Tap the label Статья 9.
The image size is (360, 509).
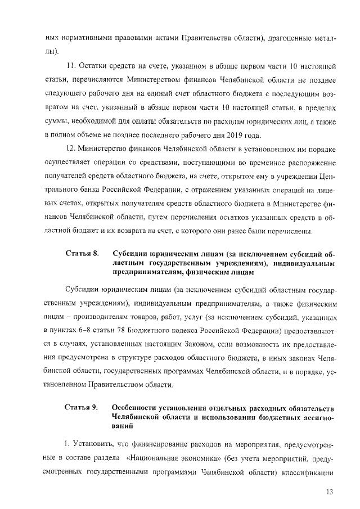tap(82, 407)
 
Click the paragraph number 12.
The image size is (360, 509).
tap(71, 147)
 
